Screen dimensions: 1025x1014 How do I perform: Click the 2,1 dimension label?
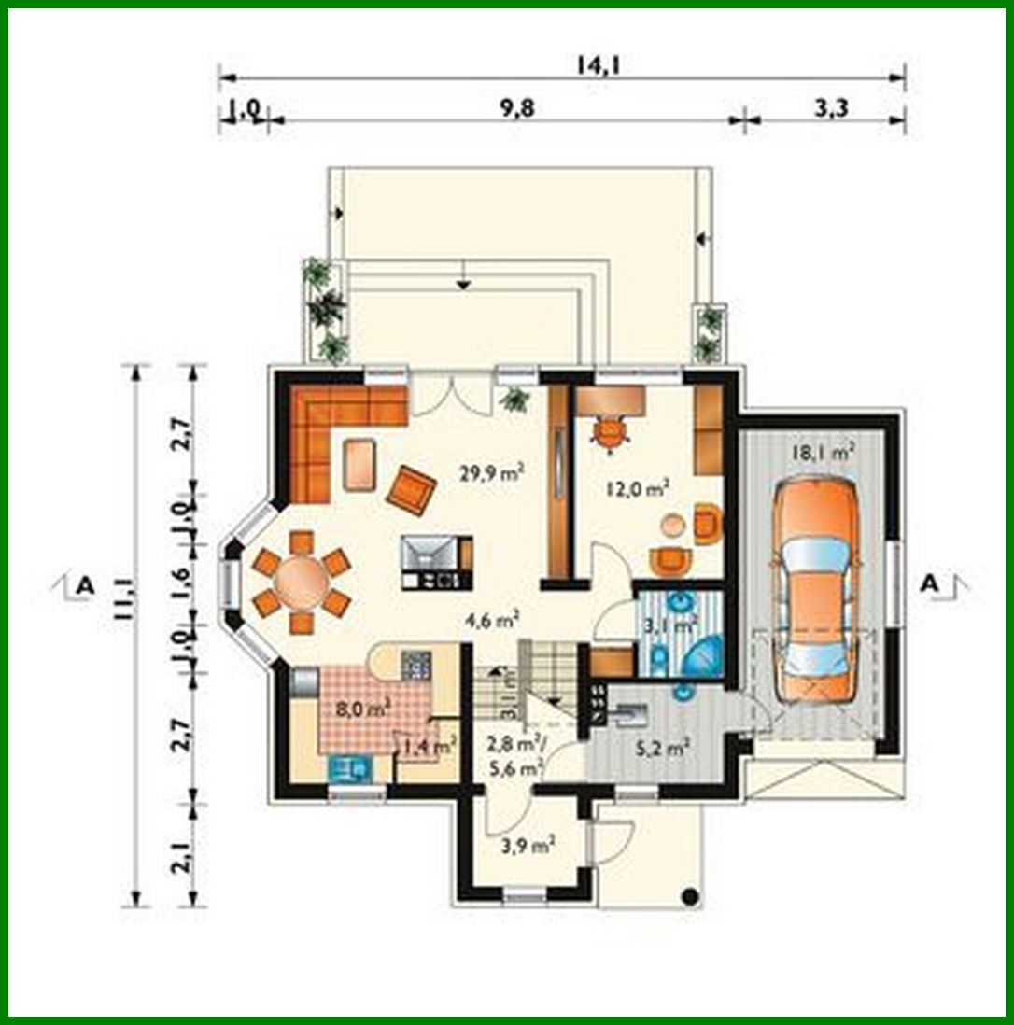coord(183,854)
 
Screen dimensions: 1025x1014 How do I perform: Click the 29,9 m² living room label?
coord(490,472)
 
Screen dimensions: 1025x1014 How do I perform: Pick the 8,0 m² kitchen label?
coord(362,708)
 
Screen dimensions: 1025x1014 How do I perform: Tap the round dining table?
coord(301,581)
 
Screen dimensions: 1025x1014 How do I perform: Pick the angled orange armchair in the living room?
coord(412,488)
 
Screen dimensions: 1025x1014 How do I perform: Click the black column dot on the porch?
coord(690,897)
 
